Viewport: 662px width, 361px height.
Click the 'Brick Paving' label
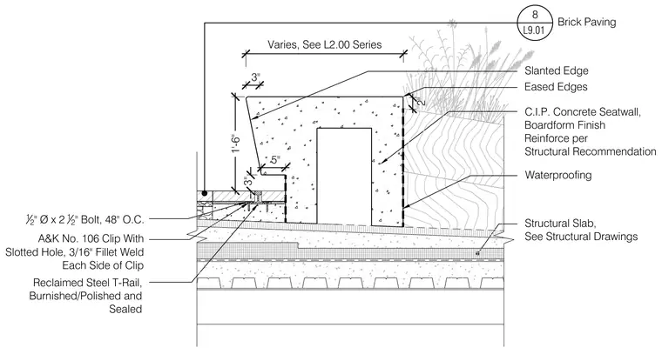click(x=586, y=22)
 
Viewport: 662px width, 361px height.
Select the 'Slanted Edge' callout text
click(x=556, y=70)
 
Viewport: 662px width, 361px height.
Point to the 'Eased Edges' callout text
click(x=556, y=87)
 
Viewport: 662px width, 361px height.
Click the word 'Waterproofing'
click(x=557, y=175)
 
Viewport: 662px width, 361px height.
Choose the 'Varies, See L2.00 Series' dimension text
click(x=324, y=44)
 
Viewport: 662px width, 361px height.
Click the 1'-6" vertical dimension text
click(x=236, y=144)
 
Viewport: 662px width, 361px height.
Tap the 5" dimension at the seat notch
click(x=275, y=160)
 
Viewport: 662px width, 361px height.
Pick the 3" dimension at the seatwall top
click(x=255, y=77)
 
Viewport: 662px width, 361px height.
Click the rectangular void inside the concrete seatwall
click(x=344, y=177)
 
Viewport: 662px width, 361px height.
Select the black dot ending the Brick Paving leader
click(x=205, y=193)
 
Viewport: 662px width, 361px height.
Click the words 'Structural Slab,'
click(x=560, y=223)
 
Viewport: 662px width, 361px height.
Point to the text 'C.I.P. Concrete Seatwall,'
click(x=583, y=112)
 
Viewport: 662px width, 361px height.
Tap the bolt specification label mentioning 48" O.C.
click(x=84, y=219)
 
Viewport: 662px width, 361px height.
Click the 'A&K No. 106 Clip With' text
click(x=91, y=238)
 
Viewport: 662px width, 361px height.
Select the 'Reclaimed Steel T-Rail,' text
click(x=87, y=283)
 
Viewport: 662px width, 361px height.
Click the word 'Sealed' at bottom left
click(x=125, y=309)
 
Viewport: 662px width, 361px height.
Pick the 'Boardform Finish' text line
click(x=564, y=125)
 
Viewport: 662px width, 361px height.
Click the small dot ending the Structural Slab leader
click(x=477, y=253)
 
